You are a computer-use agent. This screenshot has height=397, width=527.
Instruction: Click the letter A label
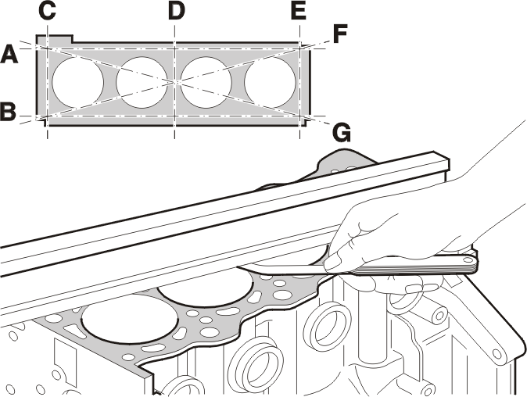tap(9, 55)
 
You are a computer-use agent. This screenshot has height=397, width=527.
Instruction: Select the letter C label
tap(47, 11)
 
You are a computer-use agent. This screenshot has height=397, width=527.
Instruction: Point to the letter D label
tap(177, 11)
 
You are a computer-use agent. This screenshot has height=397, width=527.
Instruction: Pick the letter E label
tap(299, 11)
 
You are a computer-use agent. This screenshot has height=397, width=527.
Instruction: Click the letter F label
tap(339, 34)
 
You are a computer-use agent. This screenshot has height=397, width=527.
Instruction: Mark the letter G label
tap(342, 133)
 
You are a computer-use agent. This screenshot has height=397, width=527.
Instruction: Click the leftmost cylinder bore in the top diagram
tap(77, 81)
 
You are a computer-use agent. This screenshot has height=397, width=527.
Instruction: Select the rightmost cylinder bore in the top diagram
tap(271, 81)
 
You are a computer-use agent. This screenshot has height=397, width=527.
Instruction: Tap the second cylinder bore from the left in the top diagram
tap(142, 82)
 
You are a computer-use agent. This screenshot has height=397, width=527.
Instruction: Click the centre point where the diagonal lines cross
tap(175, 81)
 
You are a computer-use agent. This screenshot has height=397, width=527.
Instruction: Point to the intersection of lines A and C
tap(48, 49)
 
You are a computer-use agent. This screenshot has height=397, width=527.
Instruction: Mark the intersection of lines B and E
tap(299, 116)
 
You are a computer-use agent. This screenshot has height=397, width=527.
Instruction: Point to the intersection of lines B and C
tap(48, 116)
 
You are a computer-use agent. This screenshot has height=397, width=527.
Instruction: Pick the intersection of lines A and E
tap(299, 49)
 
